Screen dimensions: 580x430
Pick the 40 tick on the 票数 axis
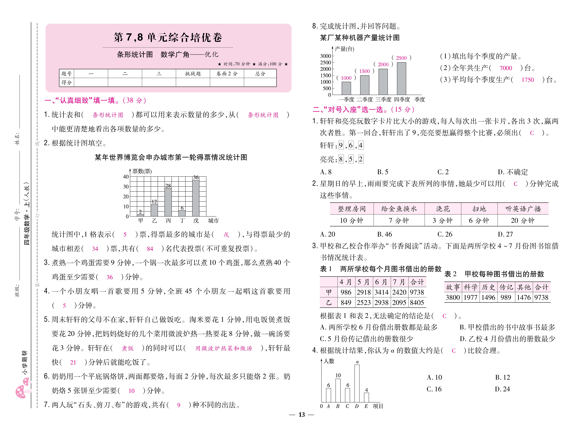126,177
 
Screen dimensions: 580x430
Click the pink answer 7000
506,68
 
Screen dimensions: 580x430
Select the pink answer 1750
527,80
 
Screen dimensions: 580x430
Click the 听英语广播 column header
523,209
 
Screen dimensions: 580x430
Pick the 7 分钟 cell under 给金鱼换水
399,221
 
